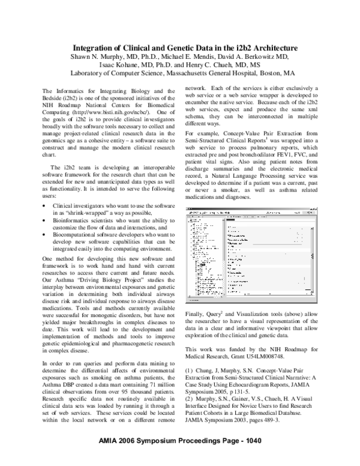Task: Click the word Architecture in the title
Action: click(x=268, y=47)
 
